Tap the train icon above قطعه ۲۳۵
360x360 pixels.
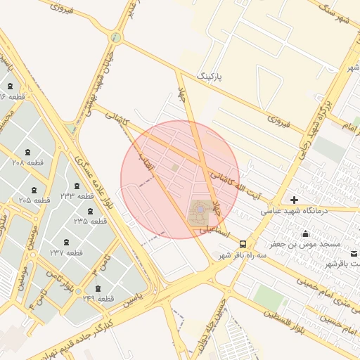tap(89, 211)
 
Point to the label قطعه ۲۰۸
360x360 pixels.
tap(28, 162)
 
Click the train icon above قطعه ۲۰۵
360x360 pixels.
tap(34, 190)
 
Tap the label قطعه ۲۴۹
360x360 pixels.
tap(98, 299)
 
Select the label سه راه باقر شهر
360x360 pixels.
tap(243, 256)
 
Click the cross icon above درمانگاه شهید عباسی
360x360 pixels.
tap(294, 200)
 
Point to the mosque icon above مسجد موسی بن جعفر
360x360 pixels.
tap(305, 233)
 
